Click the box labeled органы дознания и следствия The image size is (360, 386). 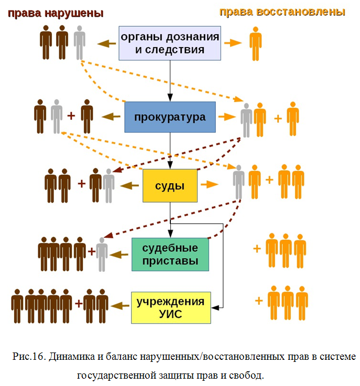coord(170,43)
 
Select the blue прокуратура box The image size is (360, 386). coord(170,117)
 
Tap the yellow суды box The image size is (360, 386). coord(170,185)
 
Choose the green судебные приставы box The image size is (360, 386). coord(170,254)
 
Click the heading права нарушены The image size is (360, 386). coord(55,12)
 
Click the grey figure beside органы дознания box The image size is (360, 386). coord(79,42)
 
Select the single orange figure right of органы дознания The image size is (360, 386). coord(255,43)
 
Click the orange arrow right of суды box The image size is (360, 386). coord(210,185)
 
